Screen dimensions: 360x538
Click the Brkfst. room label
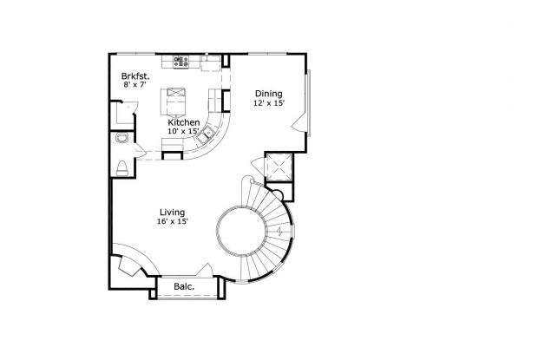(x=136, y=76)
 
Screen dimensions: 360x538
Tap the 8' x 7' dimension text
(x=136, y=86)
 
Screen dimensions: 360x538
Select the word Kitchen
(x=184, y=123)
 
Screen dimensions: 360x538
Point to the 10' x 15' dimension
(x=184, y=133)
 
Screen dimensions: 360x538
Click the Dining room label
(x=268, y=93)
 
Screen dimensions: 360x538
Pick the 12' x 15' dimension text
(x=269, y=103)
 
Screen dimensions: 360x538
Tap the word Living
(x=172, y=212)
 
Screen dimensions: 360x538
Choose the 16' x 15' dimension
(x=173, y=222)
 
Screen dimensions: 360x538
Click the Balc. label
(x=182, y=286)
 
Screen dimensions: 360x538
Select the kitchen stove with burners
(x=182, y=62)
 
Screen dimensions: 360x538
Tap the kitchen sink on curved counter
(x=207, y=134)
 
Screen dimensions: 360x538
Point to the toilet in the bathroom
(x=122, y=167)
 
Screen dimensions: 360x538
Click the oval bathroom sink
(x=122, y=139)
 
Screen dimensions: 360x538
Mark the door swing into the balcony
(x=206, y=272)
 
